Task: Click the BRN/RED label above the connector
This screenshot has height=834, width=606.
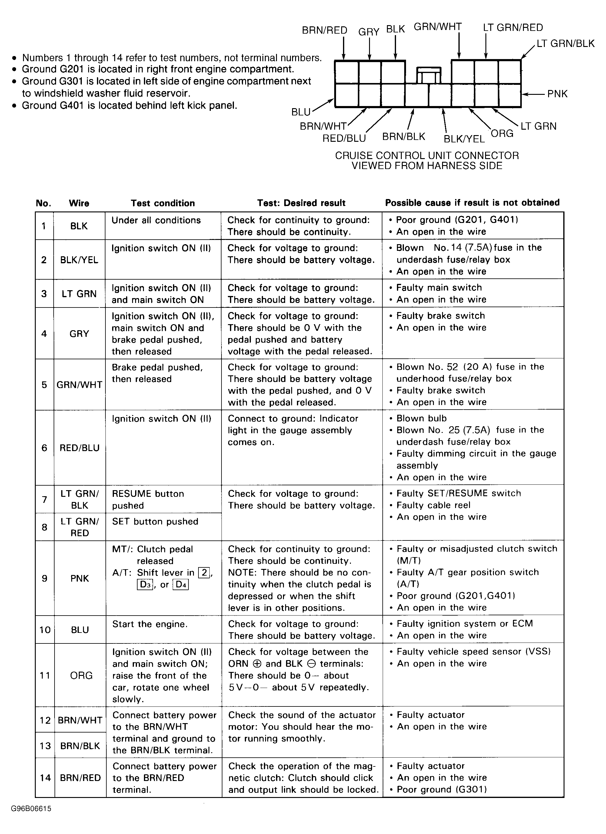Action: (324, 30)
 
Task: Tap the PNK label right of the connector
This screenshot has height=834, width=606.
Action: (557, 94)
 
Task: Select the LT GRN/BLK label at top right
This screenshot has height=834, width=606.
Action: (565, 44)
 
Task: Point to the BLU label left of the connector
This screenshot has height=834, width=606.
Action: (301, 112)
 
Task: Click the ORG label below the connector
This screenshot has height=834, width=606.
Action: (502, 134)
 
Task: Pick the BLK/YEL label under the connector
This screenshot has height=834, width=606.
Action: (464, 139)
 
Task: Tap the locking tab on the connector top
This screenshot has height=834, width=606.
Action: (428, 75)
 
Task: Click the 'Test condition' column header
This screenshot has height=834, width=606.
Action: (162, 203)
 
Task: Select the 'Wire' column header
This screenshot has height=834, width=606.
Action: (79, 203)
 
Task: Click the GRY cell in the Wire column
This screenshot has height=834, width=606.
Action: (79, 334)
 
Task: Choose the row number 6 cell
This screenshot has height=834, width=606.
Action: (45, 448)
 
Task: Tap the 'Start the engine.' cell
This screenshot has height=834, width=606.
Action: (150, 624)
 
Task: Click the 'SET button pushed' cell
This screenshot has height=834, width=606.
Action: (155, 521)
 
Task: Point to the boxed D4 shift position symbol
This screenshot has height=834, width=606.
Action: (181, 585)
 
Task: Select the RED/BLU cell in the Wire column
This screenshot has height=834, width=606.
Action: (79, 448)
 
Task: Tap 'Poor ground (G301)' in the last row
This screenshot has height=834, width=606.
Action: (442, 789)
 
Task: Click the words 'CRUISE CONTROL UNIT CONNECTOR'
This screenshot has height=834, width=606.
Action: (427, 155)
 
